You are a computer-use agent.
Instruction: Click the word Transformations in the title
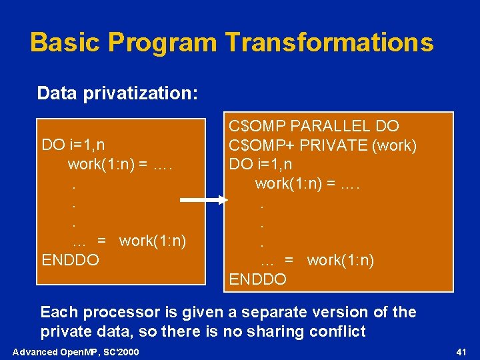tap(329, 42)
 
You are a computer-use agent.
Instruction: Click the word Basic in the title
tap(64, 42)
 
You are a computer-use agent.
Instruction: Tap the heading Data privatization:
tap(117, 93)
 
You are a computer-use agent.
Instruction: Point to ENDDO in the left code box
tap(70, 259)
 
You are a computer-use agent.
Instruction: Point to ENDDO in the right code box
tap(258, 279)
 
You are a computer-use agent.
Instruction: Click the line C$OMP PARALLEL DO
tap(314, 125)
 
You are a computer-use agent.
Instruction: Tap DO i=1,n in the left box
tap(73, 145)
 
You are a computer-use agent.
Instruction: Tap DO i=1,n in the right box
tap(261, 164)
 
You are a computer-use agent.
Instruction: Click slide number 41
tap(460, 351)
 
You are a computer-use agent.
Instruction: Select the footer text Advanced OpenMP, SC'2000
tap(76, 351)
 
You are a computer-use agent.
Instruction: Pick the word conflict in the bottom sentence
tap(335, 331)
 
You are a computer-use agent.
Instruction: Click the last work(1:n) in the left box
tap(152, 240)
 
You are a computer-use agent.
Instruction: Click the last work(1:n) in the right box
tap(340, 260)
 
